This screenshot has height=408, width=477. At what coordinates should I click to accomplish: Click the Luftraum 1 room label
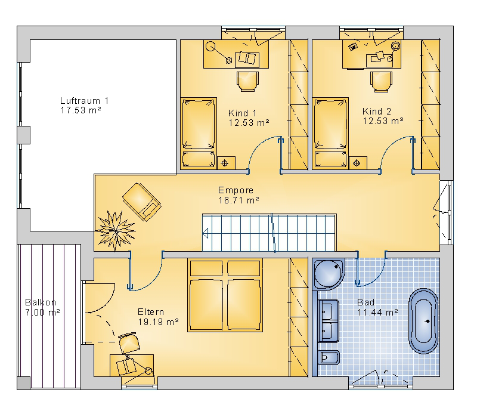click(84, 100)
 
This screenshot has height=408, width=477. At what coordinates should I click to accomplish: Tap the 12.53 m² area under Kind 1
click(249, 123)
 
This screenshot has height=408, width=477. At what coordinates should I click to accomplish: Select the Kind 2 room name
click(377, 112)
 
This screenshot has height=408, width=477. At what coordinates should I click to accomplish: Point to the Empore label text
click(236, 190)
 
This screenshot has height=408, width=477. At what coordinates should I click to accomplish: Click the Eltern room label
click(151, 312)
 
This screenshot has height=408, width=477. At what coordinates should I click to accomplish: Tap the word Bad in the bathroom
click(366, 302)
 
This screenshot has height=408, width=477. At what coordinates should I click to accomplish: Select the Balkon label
click(41, 302)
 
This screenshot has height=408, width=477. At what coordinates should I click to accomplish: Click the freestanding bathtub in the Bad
click(423, 321)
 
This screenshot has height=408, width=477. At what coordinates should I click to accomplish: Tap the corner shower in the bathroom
click(329, 274)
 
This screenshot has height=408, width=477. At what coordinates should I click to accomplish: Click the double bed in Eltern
click(225, 295)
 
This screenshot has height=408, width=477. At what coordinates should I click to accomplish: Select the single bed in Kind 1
click(199, 133)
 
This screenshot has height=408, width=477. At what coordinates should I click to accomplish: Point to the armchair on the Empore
click(141, 202)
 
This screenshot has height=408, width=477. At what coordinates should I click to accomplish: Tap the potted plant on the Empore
click(116, 231)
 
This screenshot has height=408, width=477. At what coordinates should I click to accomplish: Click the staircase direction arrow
click(205, 233)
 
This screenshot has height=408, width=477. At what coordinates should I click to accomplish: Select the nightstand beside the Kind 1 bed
click(226, 163)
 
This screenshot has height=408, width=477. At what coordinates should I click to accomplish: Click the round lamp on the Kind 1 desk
click(210, 47)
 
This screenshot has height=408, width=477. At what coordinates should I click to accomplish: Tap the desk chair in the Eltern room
click(129, 343)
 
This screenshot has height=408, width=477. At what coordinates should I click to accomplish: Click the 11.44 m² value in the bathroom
click(377, 312)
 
